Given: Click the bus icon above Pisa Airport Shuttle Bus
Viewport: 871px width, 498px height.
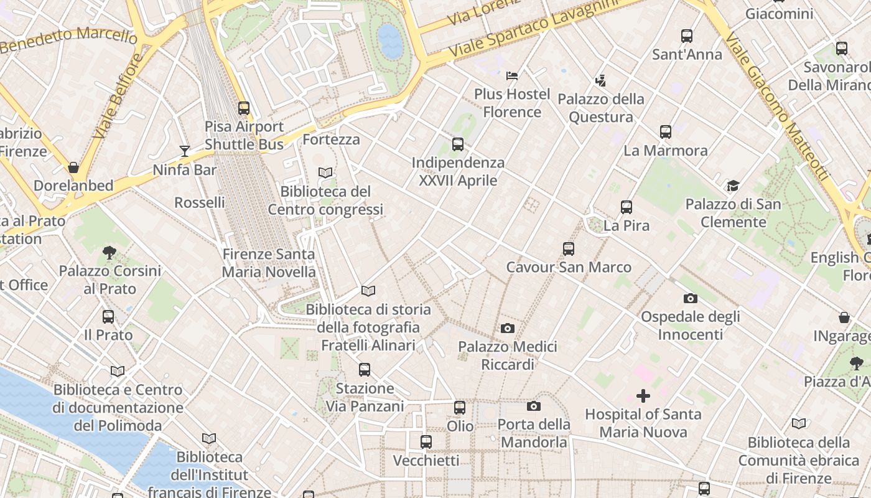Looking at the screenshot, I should [x=244, y=108].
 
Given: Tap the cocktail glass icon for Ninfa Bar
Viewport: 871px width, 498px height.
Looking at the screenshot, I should [x=185, y=151].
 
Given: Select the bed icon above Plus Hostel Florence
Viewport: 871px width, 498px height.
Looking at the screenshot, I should [x=512, y=75].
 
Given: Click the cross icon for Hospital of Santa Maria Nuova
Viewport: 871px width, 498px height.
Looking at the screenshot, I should [x=643, y=395].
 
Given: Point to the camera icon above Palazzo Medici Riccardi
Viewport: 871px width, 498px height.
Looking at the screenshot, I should [x=508, y=328].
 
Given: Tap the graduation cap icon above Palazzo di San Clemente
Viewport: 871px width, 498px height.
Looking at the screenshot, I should [x=734, y=186].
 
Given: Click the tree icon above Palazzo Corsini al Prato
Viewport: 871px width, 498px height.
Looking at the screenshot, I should [x=109, y=252].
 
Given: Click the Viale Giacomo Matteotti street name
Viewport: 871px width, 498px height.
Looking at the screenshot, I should [x=778, y=106].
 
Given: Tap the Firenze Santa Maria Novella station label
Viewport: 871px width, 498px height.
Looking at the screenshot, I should [x=269, y=263].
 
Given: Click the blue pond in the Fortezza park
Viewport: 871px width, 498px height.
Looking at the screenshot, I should [x=390, y=41].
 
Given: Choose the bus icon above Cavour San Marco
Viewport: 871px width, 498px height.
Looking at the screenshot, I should [x=569, y=249].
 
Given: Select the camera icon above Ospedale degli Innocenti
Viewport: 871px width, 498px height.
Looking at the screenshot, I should [x=691, y=298].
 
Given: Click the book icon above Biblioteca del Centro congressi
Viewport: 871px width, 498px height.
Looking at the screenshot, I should [x=325, y=172].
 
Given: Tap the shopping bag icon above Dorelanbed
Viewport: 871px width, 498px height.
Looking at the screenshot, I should [x=73, y=167].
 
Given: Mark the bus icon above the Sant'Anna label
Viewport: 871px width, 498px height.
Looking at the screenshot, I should [x=687, y=36].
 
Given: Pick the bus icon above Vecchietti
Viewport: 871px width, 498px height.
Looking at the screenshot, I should [x=426, y=442].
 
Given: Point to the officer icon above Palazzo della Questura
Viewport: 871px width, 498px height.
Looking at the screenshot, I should [x=600, y=80].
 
